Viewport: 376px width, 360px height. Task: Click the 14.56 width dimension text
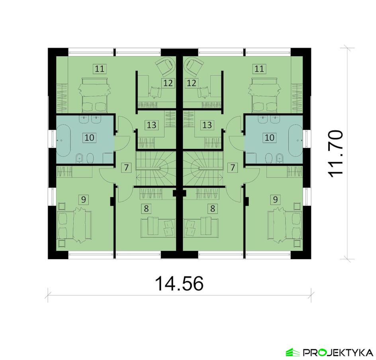click(x=179, y=283)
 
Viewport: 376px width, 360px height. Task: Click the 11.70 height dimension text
click(x=336, y=154)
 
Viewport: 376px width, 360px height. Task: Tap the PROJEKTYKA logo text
click(x=338, y=353)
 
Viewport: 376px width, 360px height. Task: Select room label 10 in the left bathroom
click(x=90, y=137)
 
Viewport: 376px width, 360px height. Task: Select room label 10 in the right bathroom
click(x=270, y=137)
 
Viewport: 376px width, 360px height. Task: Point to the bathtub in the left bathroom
click(x=63, y=140)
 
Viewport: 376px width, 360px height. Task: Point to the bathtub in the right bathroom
click(x=296, y=140)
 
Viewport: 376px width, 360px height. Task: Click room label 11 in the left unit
click(x=100, y=69)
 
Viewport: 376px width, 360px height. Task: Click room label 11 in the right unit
click(x=259, y=69)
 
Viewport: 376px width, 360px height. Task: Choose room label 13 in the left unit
click(x=151, y=125)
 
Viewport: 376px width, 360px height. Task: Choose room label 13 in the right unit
click(x=207, y=125)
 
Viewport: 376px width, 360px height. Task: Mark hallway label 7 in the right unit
click(x=232, y=167)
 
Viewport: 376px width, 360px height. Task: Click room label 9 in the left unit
click(x=84, y=200)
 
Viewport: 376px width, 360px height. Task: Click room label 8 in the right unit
click(x=212, y=209)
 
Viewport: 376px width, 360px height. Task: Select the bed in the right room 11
click(x=264, y=95)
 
